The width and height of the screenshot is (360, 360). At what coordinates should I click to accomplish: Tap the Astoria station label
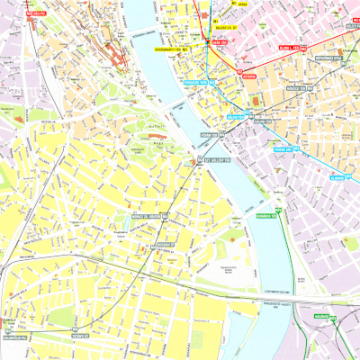click(249, 76)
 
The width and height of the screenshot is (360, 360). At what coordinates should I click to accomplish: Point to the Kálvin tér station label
click(236, 116)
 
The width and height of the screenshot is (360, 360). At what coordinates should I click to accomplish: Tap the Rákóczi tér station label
click(296, 88)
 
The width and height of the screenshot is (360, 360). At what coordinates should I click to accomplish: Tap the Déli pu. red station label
click(37, 13)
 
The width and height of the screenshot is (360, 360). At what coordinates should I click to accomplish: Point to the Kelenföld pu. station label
click(13, 337)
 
